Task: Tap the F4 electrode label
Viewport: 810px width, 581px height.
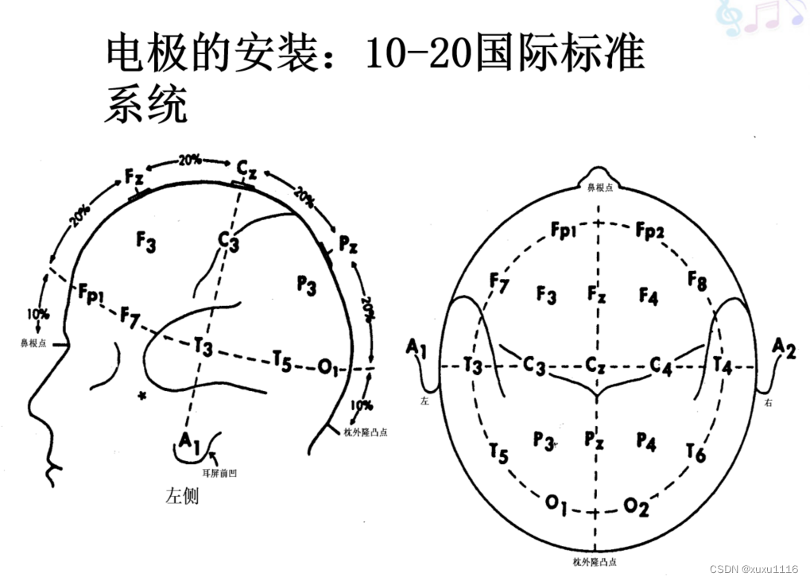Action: tap(649, 297)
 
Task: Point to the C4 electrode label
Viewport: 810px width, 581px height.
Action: tap(661, 365)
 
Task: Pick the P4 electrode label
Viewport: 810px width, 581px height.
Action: tap(646, 442)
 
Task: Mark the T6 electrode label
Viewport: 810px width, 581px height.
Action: tap(695, 453)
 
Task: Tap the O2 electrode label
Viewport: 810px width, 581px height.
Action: tap(636, 506)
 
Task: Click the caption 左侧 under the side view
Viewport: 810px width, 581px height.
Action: tap(182, 496)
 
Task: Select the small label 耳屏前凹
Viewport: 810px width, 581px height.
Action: tap(220, 474)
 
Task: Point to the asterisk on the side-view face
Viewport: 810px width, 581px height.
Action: tap(142, 395)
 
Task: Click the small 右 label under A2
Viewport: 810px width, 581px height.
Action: tap(768, 402)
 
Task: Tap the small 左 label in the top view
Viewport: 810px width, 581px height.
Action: tap(424, 402)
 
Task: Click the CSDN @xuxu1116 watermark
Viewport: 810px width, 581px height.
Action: tap(754, 569)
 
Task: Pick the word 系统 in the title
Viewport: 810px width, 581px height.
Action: tap(145, 104)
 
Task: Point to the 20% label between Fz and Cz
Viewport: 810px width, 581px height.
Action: tap(189, 160)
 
